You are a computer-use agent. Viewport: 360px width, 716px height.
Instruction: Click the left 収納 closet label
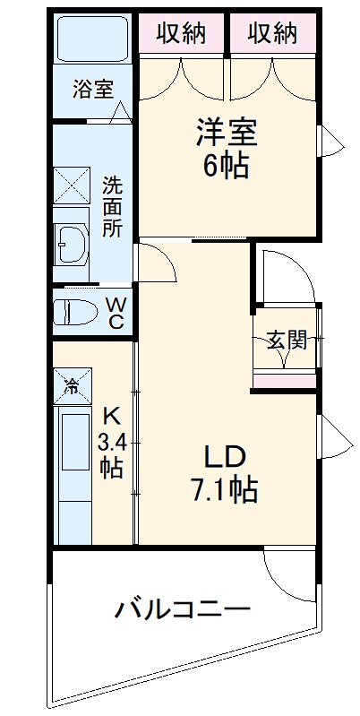[182, 33]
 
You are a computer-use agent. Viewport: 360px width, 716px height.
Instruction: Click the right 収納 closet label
[272, 33]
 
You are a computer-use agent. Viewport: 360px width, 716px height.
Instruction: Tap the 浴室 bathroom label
[93, 90]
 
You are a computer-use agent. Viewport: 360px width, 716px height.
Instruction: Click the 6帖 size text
[227, 166]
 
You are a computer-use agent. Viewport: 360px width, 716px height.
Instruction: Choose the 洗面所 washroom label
[112, 205]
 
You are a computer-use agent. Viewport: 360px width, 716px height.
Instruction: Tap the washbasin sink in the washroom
[72, 240]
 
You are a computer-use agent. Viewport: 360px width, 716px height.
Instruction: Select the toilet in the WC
[75, 312]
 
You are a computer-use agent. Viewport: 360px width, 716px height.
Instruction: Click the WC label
[116, 313]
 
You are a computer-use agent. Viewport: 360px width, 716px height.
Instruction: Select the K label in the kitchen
[111, 415]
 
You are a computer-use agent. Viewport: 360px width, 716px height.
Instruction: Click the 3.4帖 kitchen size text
[111, 453]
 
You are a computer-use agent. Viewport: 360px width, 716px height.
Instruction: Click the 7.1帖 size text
[226, 488]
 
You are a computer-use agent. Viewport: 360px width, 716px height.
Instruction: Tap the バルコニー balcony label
[181, 612]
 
